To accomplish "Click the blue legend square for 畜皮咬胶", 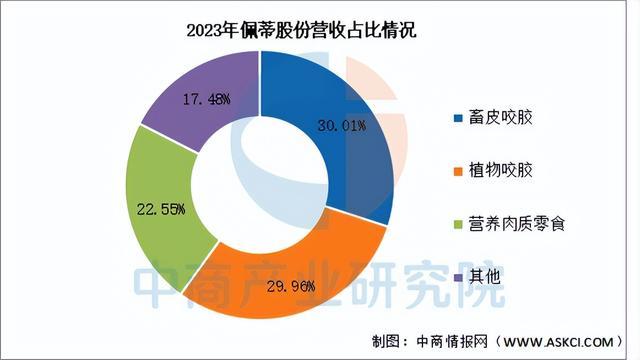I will tap(460, 120).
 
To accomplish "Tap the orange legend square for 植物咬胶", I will tap(460, 171).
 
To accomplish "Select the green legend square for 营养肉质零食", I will tap(460, 222).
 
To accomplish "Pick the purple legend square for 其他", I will tap(460, 274).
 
